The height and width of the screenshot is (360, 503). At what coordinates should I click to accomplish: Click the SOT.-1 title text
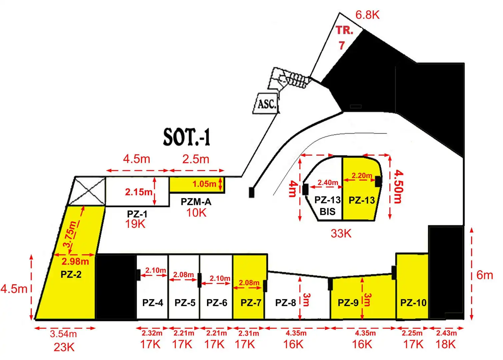pyautogui.click(x=187, y=137)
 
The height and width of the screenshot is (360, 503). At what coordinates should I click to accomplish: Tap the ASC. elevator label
pyautogui.click(x=267, y=104)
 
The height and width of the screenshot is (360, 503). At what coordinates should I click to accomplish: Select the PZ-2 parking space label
pyautogui.click(x=71, y=274)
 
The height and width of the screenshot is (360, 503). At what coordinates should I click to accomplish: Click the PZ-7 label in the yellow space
pyautogui.click(x=251, y=303)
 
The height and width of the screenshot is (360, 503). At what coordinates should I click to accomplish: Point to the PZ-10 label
pyautogui.click(x=413, y=303)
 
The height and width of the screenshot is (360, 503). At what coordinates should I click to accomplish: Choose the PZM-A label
pyautogui.click(x=196, y=202)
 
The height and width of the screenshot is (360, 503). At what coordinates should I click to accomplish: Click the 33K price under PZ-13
pyautogui.click(x=341, y=234)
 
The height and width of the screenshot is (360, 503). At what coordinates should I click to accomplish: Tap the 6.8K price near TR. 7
pyautogui.click(x=367, y=15)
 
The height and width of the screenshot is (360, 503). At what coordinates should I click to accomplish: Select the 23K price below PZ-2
pyautogui.click(x=64, y=347)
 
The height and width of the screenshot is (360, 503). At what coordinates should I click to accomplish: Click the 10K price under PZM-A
pyautogui.click(x=196, y=212)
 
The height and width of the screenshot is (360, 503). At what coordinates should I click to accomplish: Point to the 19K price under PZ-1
pyautogui.click(x=135, y=224)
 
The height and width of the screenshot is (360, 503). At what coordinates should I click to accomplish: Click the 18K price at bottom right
pyautogui.click(x=446, y=344)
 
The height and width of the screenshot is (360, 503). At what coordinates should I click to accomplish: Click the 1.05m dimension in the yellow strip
pyautogui.click(x=204, y=184)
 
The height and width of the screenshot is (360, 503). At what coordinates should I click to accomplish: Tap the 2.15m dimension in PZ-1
pyautogui.click(x=139, y=192)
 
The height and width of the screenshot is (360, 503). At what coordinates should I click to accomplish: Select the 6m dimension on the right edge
pyautogui.click(x=485, y=275)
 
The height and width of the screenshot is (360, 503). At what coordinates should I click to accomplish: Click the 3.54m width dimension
pyautogui.click(x=63, y=334)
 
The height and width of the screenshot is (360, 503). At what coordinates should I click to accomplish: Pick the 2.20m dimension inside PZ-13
pyautogui.click(x=362, y=175)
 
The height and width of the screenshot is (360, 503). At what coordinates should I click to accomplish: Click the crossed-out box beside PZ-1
pyautogui.click(x=87, y=191)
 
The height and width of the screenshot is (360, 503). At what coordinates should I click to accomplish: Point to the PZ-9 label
pyautogui.click(x=348, y=303)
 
